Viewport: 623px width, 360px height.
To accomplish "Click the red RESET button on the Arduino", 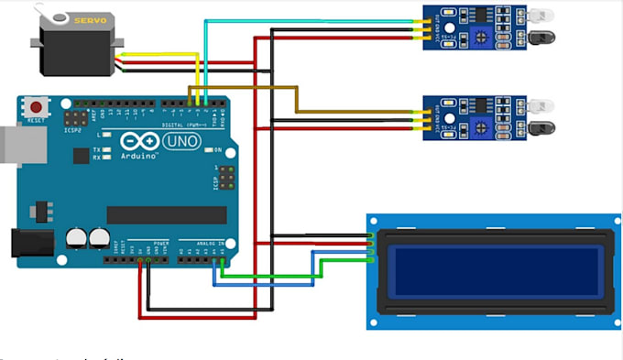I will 38,104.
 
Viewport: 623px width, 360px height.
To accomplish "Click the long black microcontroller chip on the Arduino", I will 166,214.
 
